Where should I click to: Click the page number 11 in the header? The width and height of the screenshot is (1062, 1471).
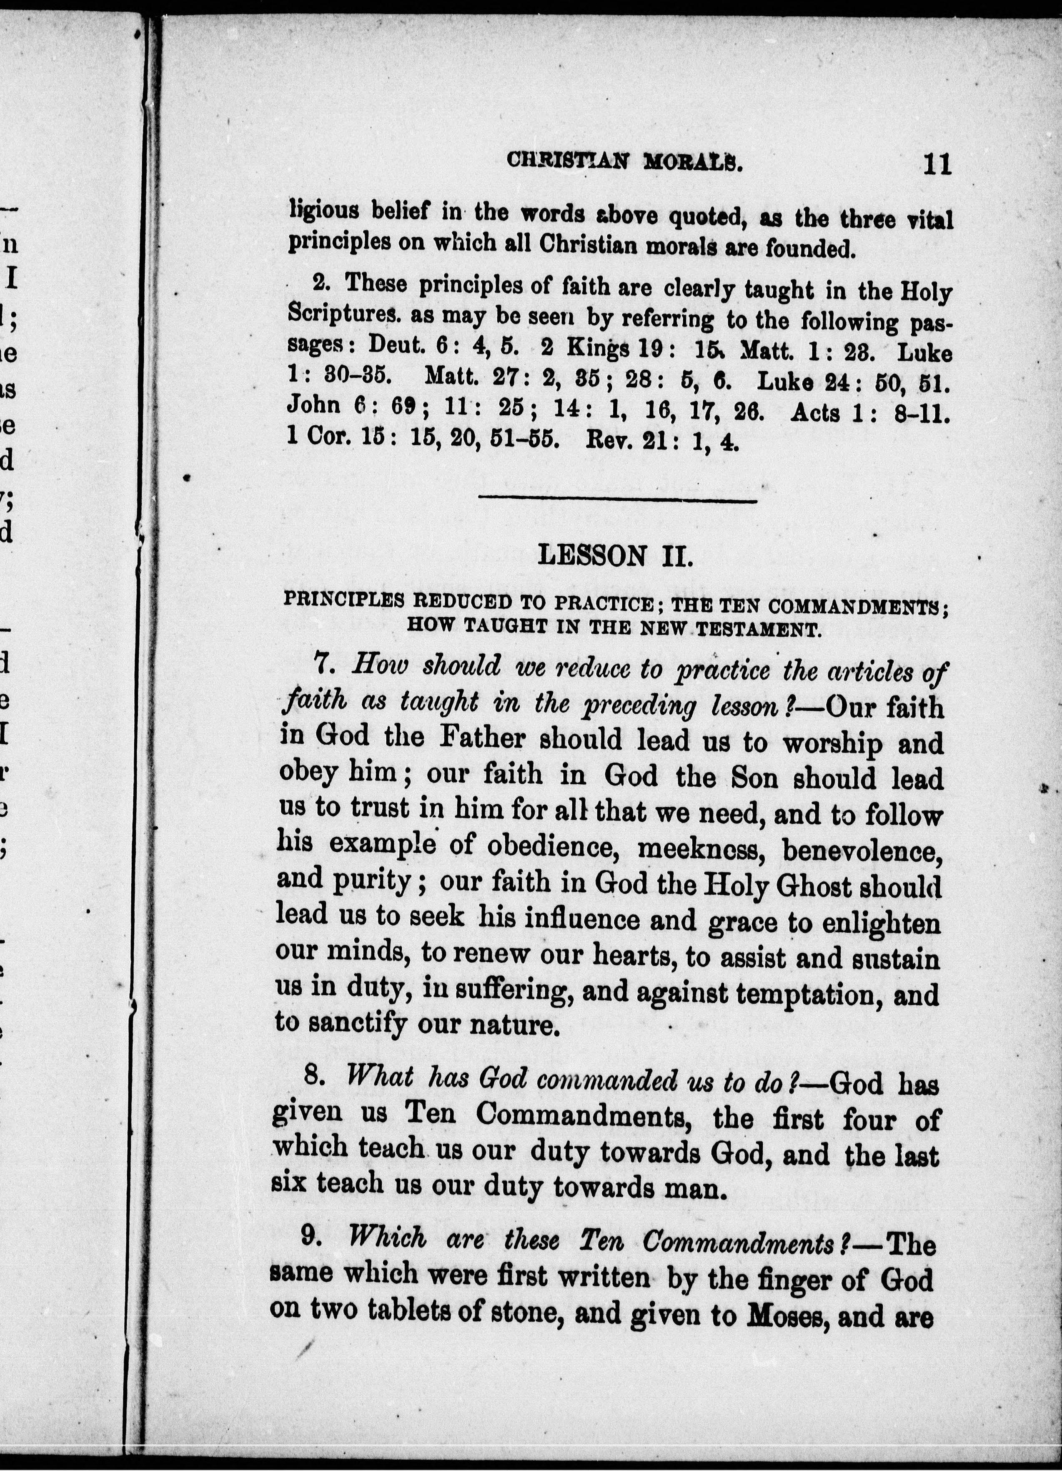(x=937, y=163)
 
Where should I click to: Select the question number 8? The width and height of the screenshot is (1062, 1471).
(x=314, y=1077)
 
